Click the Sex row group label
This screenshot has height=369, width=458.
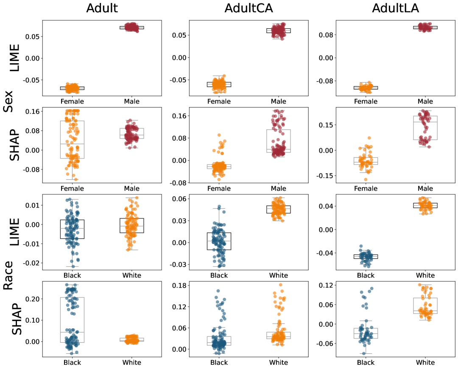point(8,101)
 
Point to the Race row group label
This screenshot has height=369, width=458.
point(8,276)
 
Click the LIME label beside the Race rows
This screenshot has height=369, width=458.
point(15,231)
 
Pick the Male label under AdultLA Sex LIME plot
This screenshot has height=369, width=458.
point(425,101)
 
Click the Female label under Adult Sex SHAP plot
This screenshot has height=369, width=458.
point(72,189)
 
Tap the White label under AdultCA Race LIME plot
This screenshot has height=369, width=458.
point(279,275)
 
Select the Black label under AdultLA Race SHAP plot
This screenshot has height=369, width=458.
point(366,363)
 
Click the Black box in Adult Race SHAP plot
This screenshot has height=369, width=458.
point(72,320)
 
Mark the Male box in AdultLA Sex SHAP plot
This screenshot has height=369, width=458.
point(425,128)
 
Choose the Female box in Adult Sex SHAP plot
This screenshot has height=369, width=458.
point(72,140)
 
